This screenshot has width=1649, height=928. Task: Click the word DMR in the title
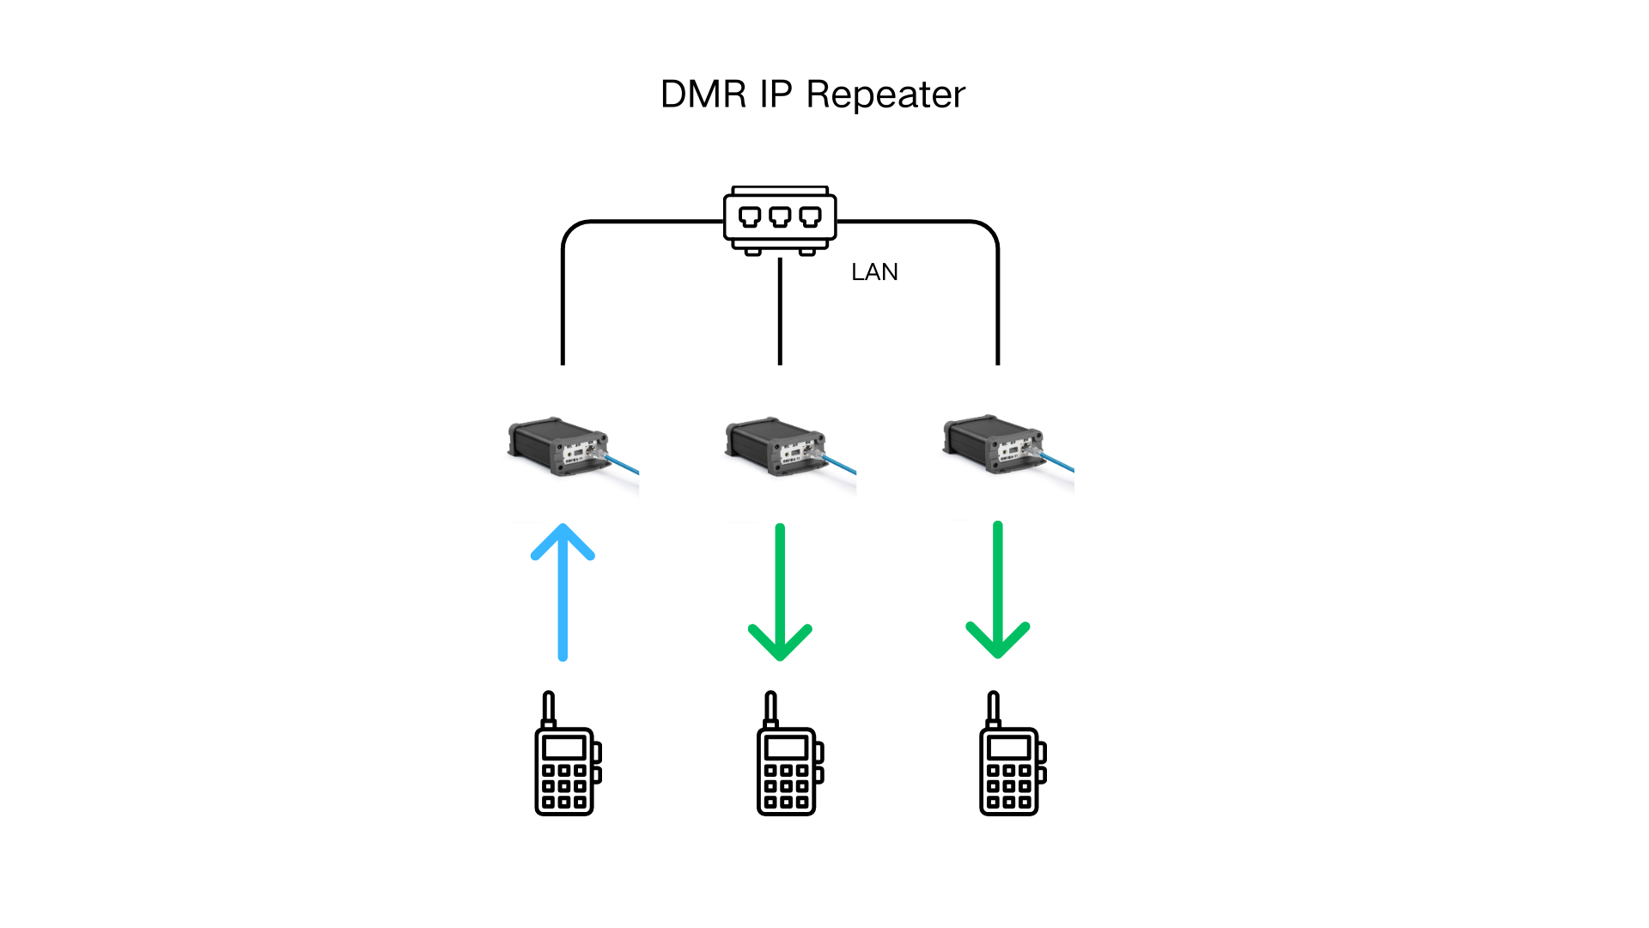(703, 95)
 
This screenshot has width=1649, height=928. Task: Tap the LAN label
(874, 272)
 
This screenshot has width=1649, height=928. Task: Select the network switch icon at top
(780, 220)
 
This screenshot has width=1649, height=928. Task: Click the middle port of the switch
(780, 217)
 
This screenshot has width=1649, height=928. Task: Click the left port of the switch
(750, 217)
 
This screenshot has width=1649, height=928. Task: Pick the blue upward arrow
(563, 593)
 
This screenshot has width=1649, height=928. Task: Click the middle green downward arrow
(780, 593)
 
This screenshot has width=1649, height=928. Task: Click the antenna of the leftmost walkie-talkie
(549, 708)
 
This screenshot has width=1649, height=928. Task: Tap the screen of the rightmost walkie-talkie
(1009, 747)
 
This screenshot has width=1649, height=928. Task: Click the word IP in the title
(776, 95)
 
